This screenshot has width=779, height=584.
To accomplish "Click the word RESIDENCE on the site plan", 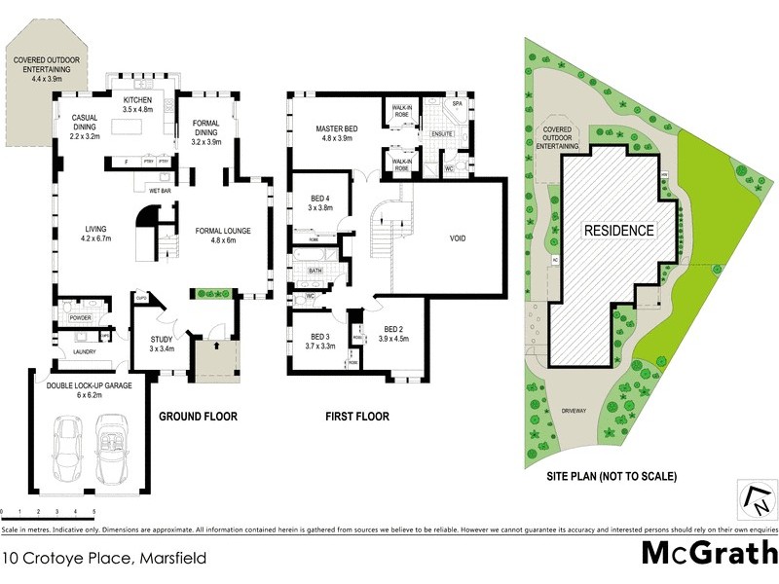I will pos(618,231).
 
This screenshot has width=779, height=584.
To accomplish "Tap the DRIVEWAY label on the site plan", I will pos(575,410).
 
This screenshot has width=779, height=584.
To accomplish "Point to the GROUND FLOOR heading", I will pos(198,417).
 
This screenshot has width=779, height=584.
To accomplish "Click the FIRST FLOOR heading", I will pos(356,417).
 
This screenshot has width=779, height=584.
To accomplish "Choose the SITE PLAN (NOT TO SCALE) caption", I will pos(612,477).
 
